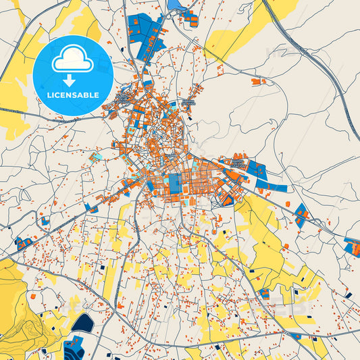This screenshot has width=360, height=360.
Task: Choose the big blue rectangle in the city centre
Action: pyautogui.click(x=175, y=185)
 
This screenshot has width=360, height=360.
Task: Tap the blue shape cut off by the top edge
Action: pyautogui.click(x=176, y=5)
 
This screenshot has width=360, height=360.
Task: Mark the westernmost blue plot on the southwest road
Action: pyautogui.click(x=24, y=242)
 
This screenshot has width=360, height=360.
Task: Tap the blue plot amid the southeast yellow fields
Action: pyautogui.click(x=264, y=294)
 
